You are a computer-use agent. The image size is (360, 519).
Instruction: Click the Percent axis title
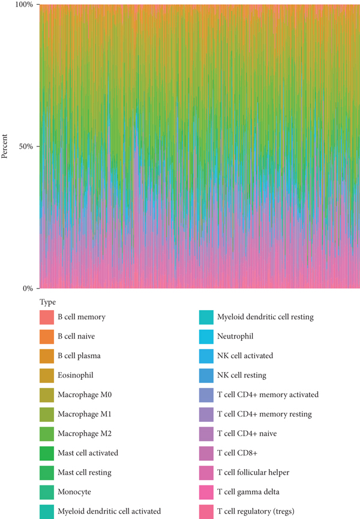(x=5, y=146)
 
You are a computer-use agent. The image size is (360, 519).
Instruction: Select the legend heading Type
(x=47, y=302)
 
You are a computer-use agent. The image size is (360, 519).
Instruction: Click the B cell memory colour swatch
(x=47, y=316)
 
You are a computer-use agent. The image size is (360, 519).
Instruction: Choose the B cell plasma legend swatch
(x=47, y=355)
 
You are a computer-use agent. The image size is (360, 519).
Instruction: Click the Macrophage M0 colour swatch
(x=47, y=394)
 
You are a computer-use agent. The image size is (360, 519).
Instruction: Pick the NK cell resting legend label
(x=242, y=375)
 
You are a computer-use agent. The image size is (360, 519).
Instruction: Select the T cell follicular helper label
(x=253, y=472)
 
